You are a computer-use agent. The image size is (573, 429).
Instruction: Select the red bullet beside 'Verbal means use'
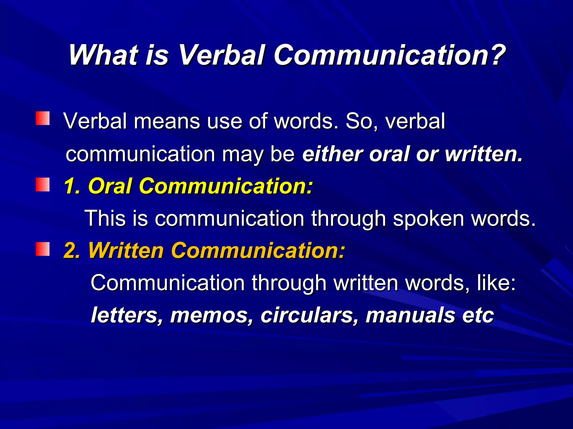[x=43, y=118]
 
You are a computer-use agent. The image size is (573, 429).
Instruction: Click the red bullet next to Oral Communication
[x=43, y=185]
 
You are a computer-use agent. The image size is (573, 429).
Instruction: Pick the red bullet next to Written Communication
[x=43, y=249]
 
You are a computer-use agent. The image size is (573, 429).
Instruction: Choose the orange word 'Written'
[x=126, y=251]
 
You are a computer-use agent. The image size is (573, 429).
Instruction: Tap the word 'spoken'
[x=428, y=219]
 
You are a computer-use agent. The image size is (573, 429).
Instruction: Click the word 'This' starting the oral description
[x=105, y=218]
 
